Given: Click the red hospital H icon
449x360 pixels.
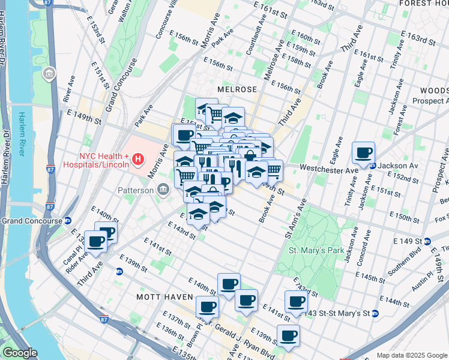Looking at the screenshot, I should pos(139,159).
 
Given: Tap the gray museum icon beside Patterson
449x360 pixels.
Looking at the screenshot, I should pos(163,190).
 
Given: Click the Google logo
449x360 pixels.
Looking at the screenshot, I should pos(20,353).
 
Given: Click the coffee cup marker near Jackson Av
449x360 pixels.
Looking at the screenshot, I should pos(364,154).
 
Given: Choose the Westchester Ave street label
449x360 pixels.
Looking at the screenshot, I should pos(328,170).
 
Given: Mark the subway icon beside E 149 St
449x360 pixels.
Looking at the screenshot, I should pos(427,242).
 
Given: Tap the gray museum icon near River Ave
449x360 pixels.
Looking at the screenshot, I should pos(49,74).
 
